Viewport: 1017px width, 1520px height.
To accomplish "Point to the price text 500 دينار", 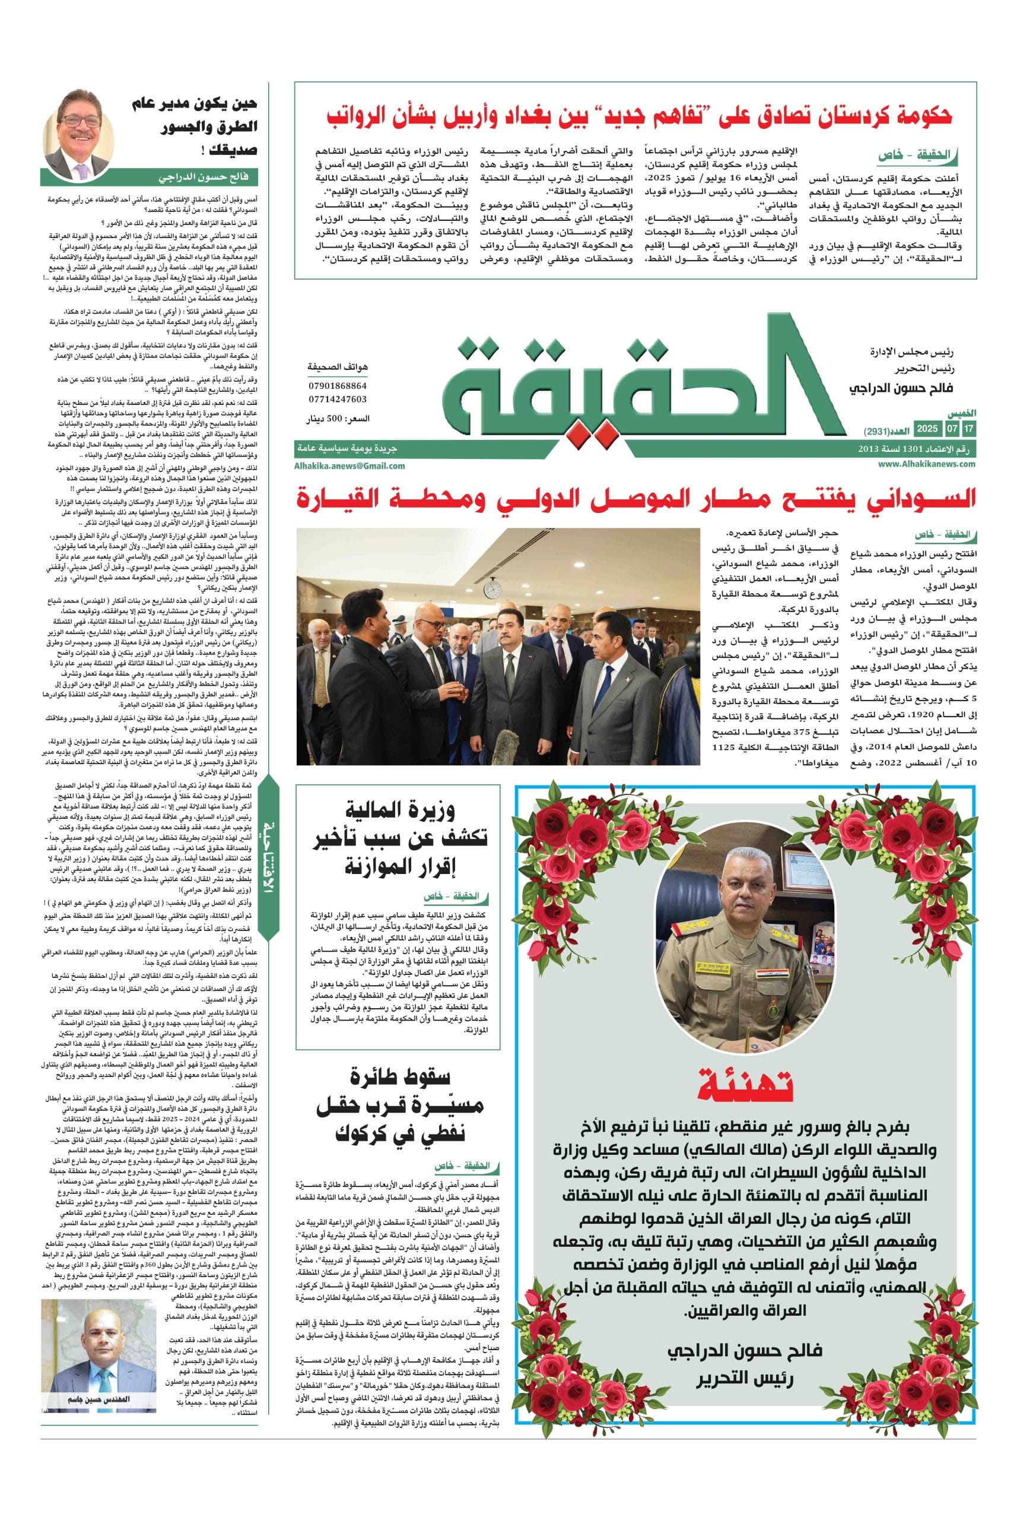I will [337, 420].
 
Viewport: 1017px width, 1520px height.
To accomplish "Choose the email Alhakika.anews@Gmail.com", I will [349, 465].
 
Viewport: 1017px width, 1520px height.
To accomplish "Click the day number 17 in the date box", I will [968, 429].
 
